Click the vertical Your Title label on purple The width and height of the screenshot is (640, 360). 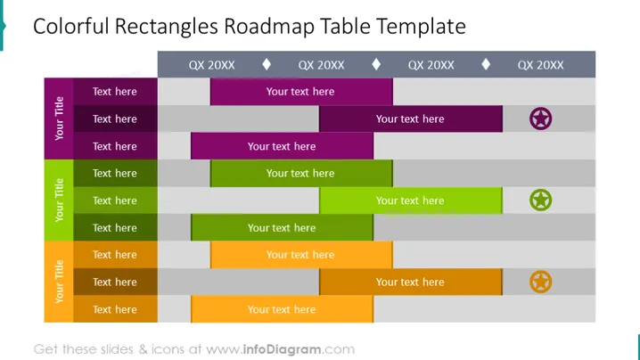[59, 119]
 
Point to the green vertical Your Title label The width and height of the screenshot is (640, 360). [59, 200]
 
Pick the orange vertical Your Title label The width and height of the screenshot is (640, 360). [59, 282]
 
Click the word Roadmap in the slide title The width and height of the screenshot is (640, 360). [269, 27]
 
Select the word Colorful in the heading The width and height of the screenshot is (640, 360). [71, 26]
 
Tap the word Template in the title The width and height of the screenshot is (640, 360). [421, 27]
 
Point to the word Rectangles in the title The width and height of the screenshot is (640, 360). [166, 27]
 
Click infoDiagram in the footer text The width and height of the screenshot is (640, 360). [282, 349]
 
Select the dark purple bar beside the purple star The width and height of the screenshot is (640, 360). [411, 119]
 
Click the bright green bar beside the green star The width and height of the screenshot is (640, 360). [411, 200]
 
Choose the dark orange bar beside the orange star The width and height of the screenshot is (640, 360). [411, 282]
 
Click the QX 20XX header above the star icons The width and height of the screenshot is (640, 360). [540, 65]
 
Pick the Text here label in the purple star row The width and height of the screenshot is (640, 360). [115, 119]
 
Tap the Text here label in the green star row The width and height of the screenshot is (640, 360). [115, 200]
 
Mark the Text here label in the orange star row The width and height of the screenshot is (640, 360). [115, 282]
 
